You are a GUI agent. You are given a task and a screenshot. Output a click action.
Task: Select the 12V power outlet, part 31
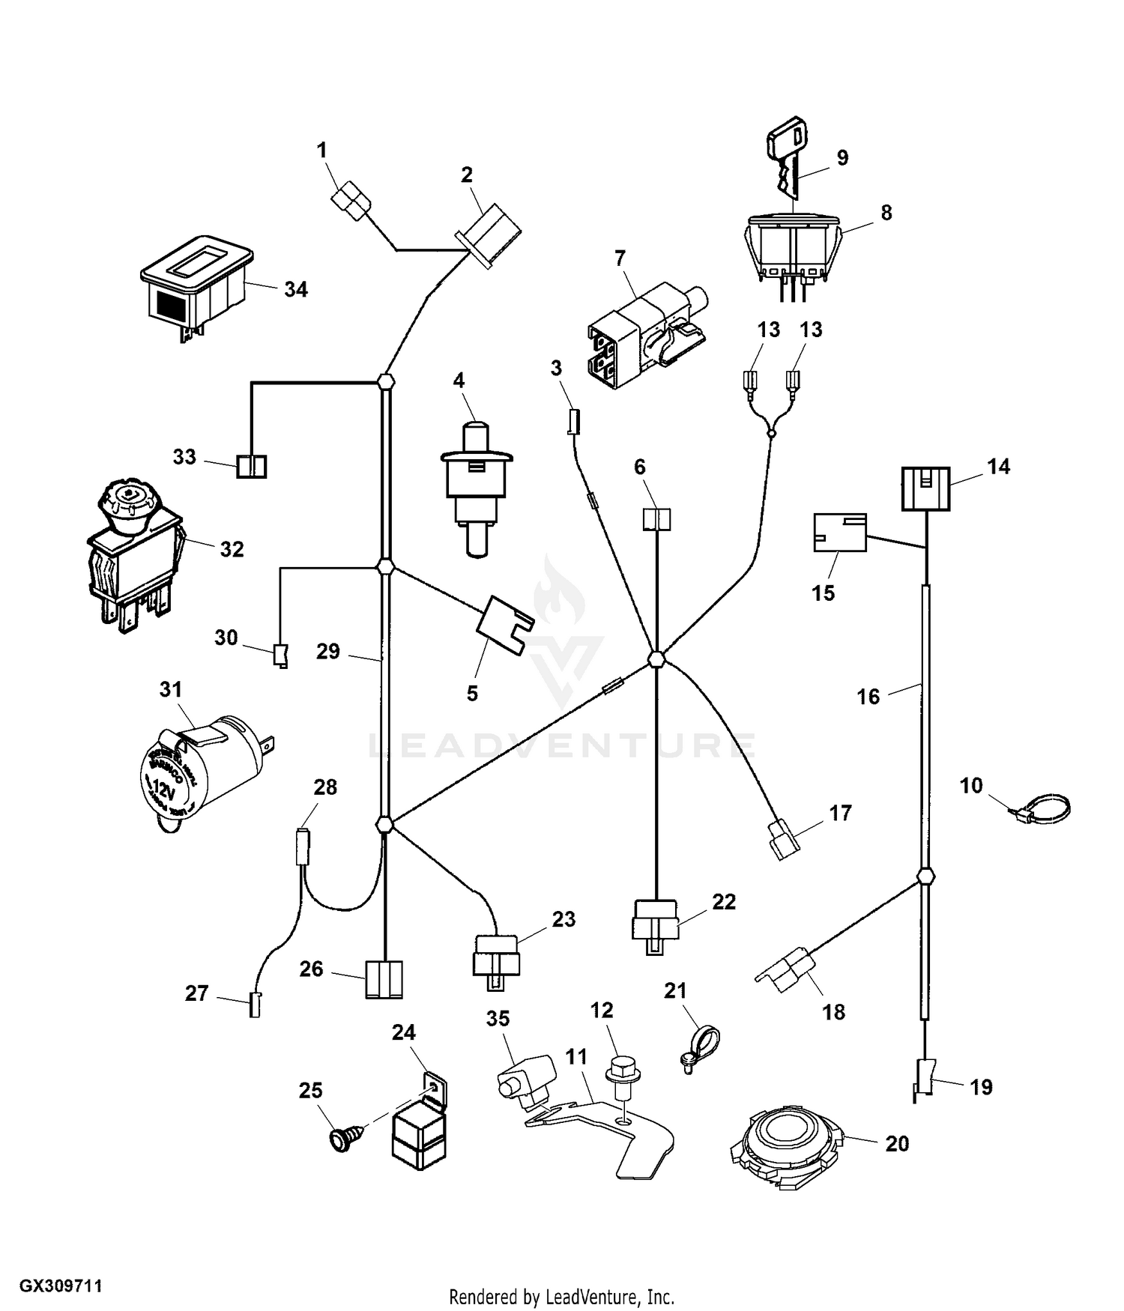(200, 775)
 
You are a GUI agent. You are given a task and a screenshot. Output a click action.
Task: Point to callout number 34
(296, 289)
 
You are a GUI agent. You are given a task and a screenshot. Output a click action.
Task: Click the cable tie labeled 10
(1042, 808)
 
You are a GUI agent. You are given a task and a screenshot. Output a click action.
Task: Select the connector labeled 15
(840, 532)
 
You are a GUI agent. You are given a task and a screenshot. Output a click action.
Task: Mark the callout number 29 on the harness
(327, 651)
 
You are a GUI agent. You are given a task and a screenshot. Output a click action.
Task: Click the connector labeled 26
(384, 979)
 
